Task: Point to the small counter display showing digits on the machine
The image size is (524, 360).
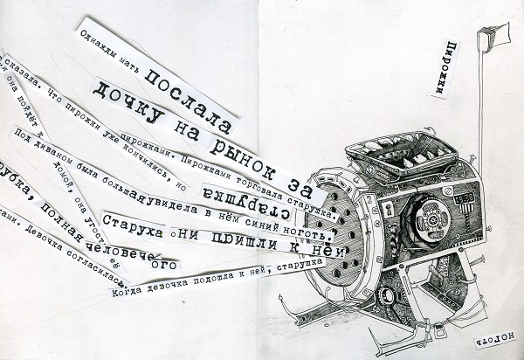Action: (466, 198)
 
